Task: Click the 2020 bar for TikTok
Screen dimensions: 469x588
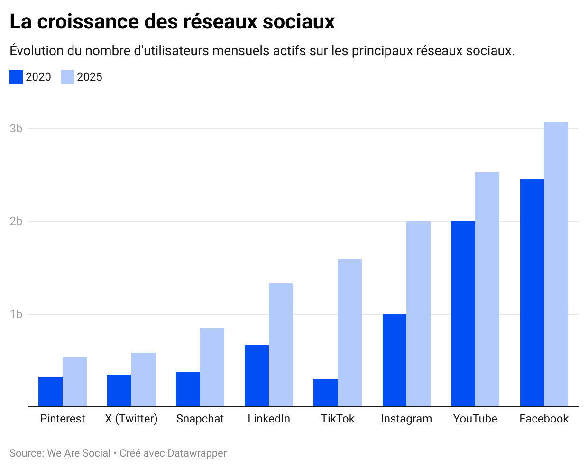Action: pos(325,393)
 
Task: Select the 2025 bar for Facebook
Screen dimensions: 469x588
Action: pos(556,264)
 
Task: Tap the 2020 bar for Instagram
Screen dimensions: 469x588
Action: pos(394,360)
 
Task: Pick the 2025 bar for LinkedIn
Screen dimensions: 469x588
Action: pos(281,345)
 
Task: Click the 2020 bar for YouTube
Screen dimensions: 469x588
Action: pos(463,314)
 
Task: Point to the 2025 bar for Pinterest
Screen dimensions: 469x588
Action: pos(74,382)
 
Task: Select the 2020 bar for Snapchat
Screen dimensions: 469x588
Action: pos(188,389)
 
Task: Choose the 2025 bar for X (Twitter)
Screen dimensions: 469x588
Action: pos(143,380)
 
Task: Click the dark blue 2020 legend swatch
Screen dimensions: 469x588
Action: pos(16,77)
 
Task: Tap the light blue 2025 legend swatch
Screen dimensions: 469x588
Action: pos(67,77)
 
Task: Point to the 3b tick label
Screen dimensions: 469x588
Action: pos(16,129)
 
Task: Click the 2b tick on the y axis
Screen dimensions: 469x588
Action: pos(16,221)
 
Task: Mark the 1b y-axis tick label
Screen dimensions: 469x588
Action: pos(16,314)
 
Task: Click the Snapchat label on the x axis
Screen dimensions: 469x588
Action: pos(200,419)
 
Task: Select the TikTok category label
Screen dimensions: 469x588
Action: pos(338,419)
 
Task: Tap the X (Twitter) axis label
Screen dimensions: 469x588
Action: pos(131,419)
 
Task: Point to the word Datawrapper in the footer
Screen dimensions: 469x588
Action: pos(197,453)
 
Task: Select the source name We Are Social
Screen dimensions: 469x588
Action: pos(79,453)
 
